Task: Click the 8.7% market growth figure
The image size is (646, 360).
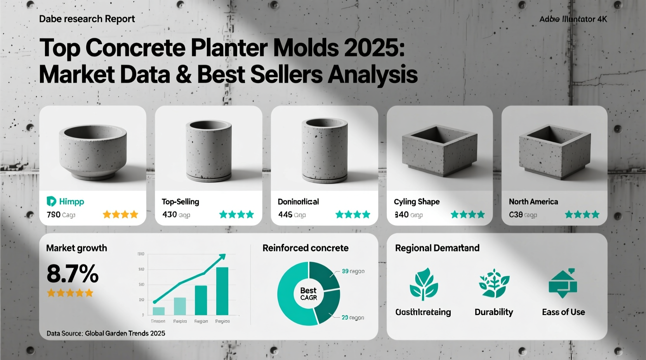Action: (x=73, y=273)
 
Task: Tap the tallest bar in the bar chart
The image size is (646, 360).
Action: (x=222, y=291)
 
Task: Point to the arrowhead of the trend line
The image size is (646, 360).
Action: (x=222, y=256)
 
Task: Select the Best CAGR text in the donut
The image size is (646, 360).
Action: (x=309, y=294)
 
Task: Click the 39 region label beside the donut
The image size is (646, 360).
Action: (x=353, y=271)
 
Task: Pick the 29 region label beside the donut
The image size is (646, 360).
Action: (x=353, y=317)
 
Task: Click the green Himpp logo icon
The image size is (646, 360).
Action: (x=51, y=201)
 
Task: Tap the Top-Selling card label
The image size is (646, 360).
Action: (x=180, y=202)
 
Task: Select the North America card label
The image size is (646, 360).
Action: (x=533, y=202)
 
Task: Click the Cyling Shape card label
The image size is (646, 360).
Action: (x=417, y=202)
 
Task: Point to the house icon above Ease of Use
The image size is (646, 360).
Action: (x=563, y=283)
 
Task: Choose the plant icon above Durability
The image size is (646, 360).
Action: (x=494, y=284)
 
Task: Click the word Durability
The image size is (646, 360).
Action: (x=494, y=312)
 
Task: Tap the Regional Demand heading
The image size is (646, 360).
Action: (x=437, y=248)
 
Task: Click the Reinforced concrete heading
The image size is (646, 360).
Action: (x=306, y=248)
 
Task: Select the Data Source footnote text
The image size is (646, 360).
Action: (x=106, y=333)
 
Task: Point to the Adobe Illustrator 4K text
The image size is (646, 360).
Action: (x=573, y=19)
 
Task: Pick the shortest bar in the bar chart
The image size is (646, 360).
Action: (x=159, y=311)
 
